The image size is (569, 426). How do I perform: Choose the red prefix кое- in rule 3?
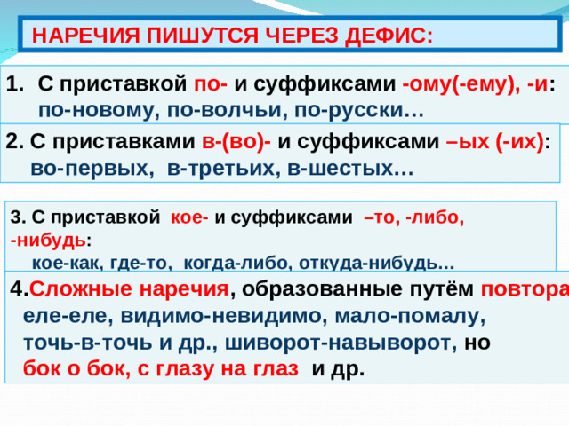(188, 217)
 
